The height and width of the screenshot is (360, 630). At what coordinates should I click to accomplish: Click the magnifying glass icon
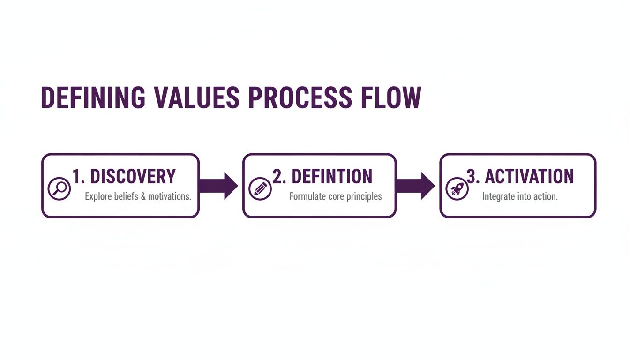59,188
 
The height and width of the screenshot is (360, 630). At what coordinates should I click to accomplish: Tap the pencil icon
260,188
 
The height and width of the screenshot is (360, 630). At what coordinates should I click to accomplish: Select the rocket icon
457,188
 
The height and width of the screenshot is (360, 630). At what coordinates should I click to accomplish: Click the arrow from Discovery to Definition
218,186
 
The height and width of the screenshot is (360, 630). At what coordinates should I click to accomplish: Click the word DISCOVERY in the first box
133,177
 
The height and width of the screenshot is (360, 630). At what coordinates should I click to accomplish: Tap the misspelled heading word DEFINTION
332,177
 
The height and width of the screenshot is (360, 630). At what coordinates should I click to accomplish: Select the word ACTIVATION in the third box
529,177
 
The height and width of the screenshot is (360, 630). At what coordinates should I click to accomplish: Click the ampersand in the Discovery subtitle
143,196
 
